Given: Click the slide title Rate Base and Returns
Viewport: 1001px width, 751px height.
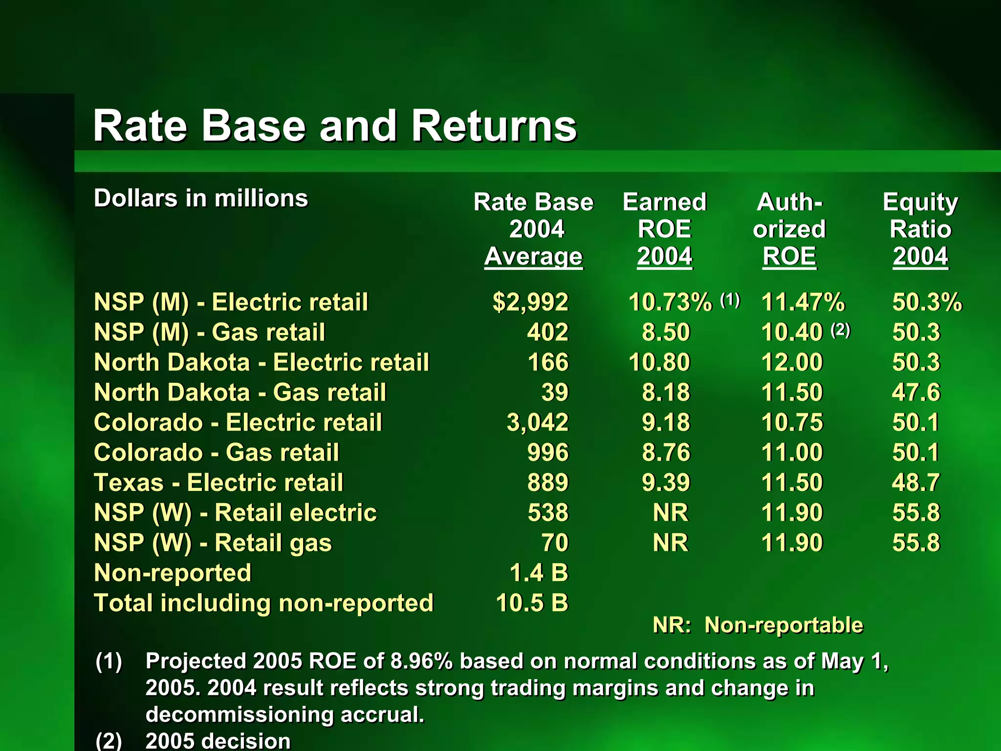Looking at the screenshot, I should [335, 126].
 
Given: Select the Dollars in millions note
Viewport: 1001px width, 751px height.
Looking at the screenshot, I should [201, 199].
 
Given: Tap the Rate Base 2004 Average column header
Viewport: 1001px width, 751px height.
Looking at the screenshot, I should [533, 229].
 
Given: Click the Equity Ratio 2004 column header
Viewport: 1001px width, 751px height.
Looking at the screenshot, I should [920, 229].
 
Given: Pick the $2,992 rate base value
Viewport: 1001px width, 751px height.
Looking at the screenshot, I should [530, 302].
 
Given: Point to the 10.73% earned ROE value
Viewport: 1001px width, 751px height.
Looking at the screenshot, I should [670, 302].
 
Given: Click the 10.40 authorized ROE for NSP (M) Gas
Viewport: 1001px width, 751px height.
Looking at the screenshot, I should [792, 332].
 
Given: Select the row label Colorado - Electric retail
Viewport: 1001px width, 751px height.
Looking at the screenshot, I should [238, 422].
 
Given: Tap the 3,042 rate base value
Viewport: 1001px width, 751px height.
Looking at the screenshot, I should [537, 422].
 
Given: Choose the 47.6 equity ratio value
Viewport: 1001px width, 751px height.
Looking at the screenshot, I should [915, 393].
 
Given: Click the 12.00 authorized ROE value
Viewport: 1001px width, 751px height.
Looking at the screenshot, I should [792, 362].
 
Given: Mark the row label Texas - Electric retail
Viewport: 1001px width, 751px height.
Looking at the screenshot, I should [218, 483].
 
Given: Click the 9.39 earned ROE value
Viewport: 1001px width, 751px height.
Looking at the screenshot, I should [666, 483].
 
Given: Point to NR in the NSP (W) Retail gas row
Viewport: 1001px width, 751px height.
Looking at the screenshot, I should [670, 543].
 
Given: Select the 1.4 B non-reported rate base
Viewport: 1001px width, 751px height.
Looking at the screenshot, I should [539, 573].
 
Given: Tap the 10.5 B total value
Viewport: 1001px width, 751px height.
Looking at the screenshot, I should [532, 603].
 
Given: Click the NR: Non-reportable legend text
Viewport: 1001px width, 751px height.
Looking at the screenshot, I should [758, 625].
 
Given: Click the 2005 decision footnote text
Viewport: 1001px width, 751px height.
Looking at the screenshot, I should [218, 741].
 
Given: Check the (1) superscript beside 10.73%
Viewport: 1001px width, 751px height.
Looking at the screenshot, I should [730, 299].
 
